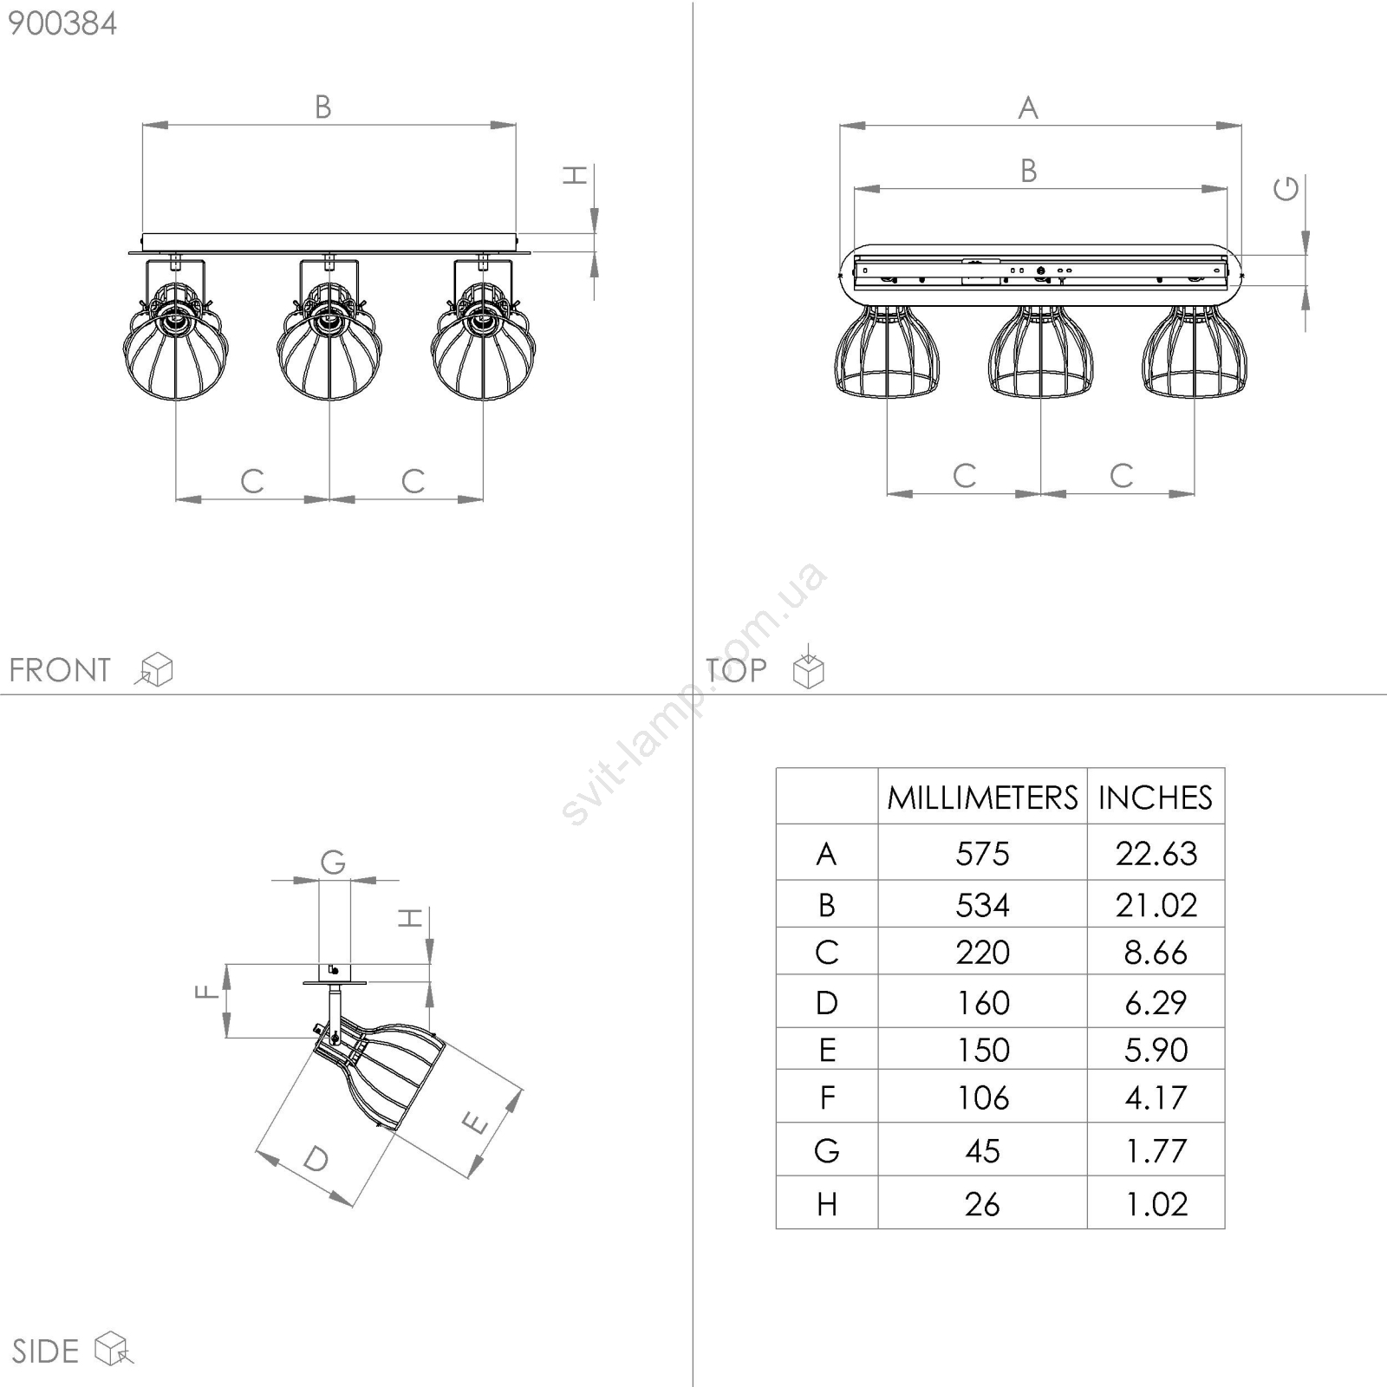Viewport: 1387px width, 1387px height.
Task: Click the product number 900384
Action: tap(62, 23)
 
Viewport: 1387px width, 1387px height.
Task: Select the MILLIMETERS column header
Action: tap(982, 798)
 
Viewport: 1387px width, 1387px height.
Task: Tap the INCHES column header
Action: tap(1156, 798)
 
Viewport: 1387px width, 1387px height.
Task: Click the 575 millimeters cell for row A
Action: tap(982, 854)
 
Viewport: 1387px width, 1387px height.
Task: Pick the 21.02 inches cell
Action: tap(1156, 905)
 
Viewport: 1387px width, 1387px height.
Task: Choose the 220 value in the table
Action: tap(982, 953)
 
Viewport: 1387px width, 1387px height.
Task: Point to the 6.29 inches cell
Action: tap(1156, 1003)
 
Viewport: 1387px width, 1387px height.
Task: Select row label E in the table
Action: tap(827, 1050)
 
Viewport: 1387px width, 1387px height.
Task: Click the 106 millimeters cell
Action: tap(982, 1097)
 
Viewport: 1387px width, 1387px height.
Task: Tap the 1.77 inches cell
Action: tap(1156, 1151)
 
